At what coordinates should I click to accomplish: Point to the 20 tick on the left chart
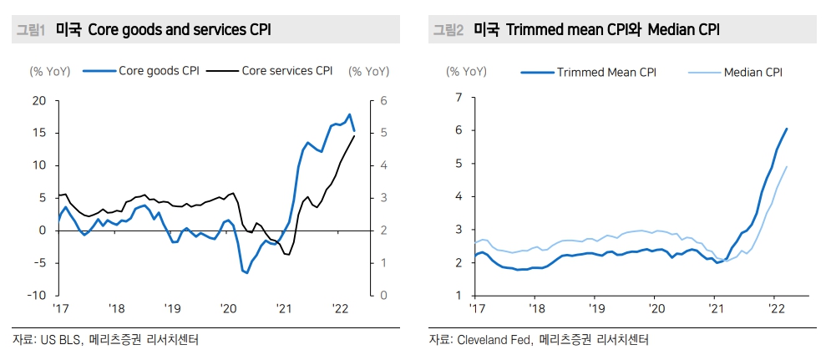[x=38, y=101]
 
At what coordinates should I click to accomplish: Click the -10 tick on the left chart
[x=37, y=296]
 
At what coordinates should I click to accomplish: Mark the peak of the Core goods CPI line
[x=349, y=114]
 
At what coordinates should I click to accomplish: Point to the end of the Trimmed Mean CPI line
[x=787, y=129]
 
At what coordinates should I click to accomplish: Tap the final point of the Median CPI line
[x=787, y=166]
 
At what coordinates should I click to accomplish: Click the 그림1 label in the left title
[x=30, y=30]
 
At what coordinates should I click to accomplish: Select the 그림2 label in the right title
[x=448, y=30]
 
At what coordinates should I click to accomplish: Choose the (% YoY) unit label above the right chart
[x=466, y=72]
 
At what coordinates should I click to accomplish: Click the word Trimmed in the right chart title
[x=542, y=30]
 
